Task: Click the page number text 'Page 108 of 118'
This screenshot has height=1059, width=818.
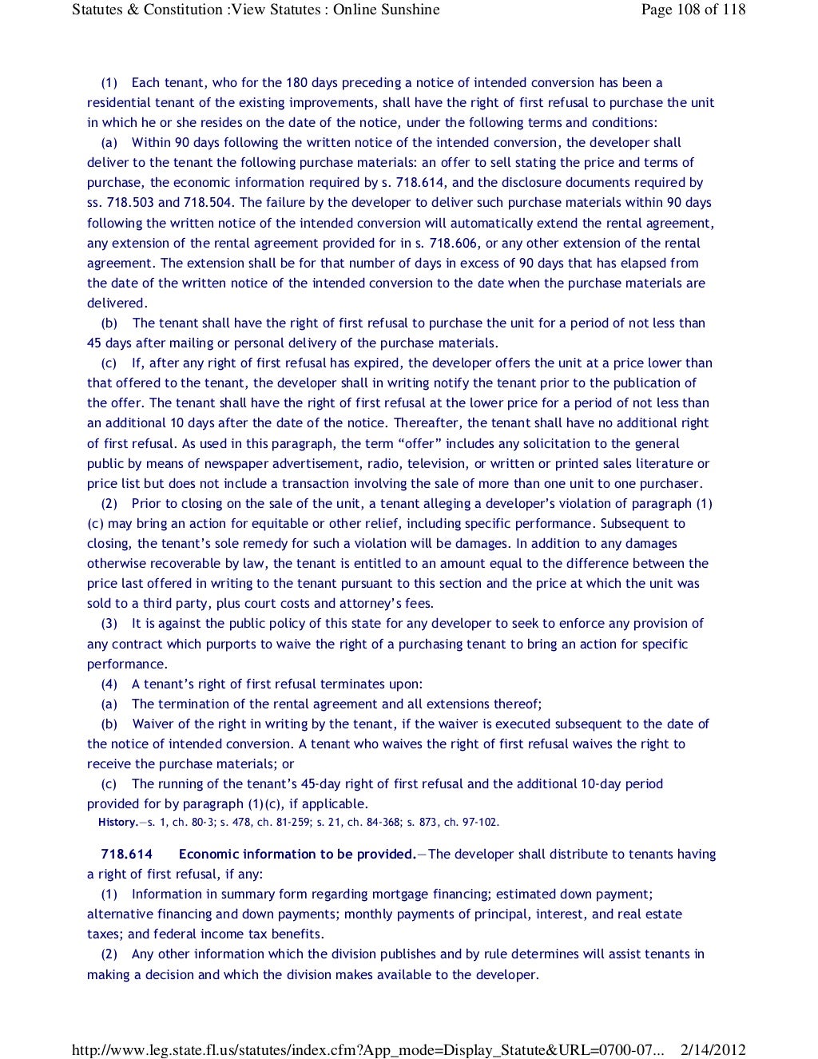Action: coord(693,10)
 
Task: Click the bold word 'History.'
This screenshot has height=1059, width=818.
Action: coord(118,823)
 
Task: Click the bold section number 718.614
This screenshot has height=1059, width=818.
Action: coord(126,855)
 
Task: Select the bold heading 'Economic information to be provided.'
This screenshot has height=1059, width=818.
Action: coord(297,855)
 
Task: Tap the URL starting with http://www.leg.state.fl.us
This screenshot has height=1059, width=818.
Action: coord(367,1049)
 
